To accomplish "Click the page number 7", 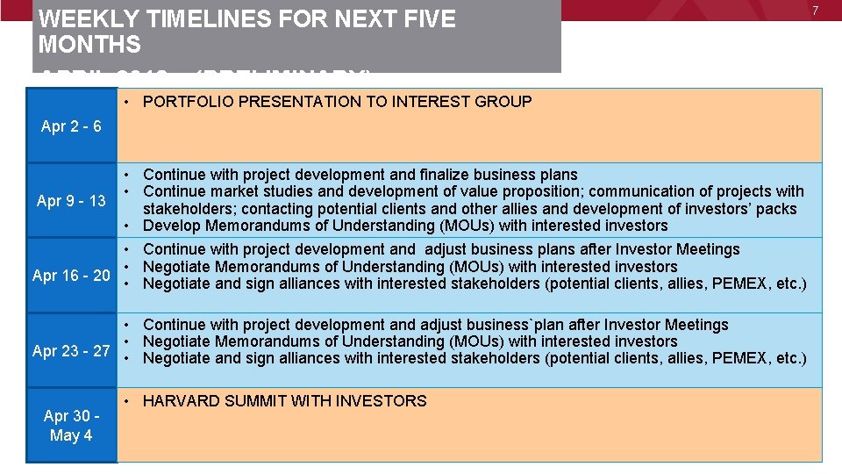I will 816,10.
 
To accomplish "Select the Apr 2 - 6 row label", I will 71,126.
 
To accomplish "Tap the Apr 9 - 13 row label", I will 71,201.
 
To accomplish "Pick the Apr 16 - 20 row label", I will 71,276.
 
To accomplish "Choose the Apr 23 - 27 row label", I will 71,351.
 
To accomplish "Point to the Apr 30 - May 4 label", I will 71,426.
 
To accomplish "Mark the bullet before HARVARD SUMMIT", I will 128,401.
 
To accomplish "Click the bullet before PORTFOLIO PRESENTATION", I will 128,102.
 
